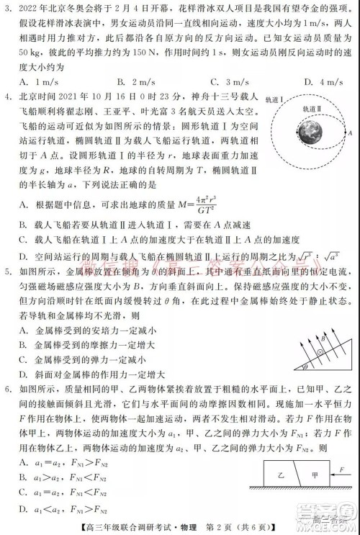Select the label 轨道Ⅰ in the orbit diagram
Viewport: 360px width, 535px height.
coord(274,99)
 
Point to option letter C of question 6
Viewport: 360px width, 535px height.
coord(25,492)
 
